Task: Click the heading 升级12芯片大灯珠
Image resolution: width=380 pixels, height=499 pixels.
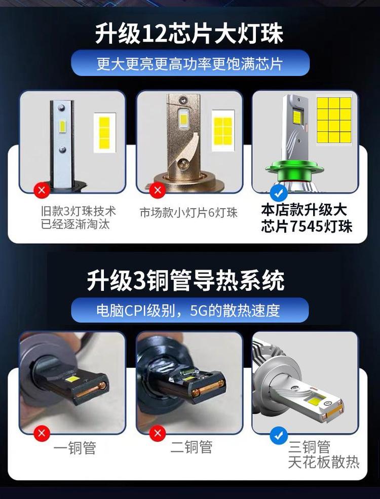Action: (189, 33)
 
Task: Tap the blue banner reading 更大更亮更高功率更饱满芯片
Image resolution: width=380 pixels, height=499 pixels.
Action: (190, 63)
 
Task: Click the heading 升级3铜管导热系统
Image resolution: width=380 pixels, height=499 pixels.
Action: (185, 281)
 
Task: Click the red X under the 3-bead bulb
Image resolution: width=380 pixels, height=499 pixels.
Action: (42, 190)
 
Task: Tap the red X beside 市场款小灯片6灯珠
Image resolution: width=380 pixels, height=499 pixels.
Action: (158, 190)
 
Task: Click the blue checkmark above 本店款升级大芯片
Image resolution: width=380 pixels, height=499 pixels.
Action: (279, 193)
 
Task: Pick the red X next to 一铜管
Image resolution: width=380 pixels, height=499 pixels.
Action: (42, 433)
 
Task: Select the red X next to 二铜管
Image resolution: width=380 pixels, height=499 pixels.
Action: (158, 433)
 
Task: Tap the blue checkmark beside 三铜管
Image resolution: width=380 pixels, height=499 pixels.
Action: (279, 436)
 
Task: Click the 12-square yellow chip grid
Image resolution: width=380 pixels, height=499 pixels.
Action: (334, 120)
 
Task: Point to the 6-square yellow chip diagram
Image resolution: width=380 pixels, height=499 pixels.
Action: (223, 131)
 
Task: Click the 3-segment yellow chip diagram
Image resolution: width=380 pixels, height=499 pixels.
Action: (104, 132)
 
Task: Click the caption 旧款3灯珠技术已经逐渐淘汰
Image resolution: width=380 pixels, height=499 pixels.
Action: (79, 218)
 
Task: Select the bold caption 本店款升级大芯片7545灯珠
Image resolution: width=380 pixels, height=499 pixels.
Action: (307, 218)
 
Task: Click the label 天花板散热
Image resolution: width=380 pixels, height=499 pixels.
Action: (324, 462)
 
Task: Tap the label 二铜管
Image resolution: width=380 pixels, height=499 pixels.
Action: (192, 447)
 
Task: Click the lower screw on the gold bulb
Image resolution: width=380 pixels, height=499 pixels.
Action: (182, 163)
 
